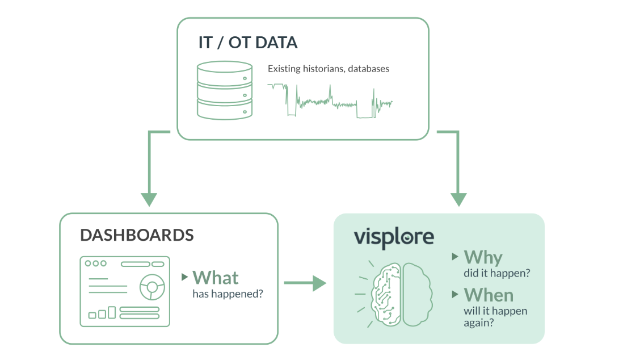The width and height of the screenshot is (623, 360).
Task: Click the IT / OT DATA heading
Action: (x=248, y=43)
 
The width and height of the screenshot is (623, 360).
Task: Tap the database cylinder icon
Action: (x=225, y=90)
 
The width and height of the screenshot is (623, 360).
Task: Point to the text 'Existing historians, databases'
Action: (x=329, y=69)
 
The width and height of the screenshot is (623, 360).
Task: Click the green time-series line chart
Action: (x=330, y=101)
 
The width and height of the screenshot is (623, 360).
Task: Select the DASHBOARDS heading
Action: (x=137, y=235)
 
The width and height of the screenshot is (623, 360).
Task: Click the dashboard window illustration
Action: (x=125, y=291)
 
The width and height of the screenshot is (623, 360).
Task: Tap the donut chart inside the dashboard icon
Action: (x=152, y=287)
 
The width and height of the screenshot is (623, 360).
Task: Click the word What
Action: (x=216, y=278)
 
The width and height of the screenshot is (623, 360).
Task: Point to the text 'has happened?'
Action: (x=228, y=294)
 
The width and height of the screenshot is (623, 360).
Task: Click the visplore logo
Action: (x=394, y=237)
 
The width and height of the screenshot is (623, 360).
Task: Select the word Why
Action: (x=483, y=258)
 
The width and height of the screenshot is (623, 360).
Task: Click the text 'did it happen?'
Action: (x=497, y=273)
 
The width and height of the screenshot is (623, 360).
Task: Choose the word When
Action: (x=489, y=295)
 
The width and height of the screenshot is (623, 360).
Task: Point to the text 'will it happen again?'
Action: (x=495, y=316)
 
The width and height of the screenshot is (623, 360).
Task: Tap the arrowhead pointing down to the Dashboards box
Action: (x=149, y=199)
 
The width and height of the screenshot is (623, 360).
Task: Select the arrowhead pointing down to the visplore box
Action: (x=458, y=199)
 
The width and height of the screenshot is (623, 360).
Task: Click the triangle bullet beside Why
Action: (x=455, y=257)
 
